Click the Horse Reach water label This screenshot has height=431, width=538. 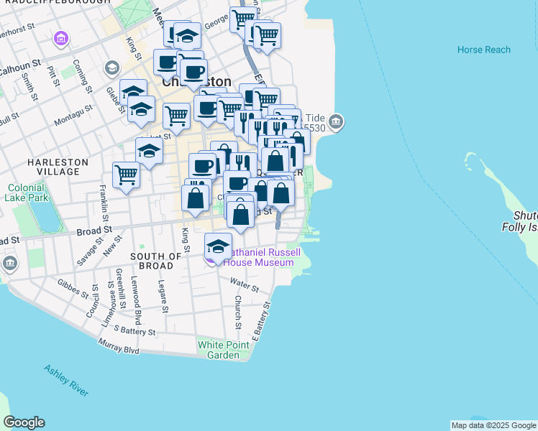coord(484,50)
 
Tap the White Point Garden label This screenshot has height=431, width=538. coord(224,350)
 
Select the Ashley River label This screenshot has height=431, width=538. coord(66,381)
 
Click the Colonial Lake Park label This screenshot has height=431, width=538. coord(27,193)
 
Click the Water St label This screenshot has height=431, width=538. coord(245,287)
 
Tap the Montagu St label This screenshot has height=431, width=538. coord(73,113)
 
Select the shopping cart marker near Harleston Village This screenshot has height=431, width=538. coord(126,174)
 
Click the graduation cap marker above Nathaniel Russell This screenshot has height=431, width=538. coord(218,246)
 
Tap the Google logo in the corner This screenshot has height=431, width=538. coord(23,422)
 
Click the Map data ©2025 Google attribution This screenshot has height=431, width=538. coord(493,425)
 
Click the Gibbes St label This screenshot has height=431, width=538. coord(71,288)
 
